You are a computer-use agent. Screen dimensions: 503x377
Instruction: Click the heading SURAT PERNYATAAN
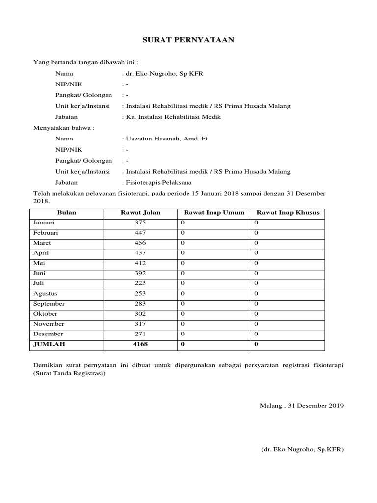point(188,40)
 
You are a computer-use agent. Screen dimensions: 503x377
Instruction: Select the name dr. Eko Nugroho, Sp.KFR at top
point(163,74)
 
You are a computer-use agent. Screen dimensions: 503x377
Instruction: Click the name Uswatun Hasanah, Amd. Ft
point(166,139)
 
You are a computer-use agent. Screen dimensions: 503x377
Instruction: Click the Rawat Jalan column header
point(140,213)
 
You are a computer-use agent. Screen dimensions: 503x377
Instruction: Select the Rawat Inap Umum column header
point(214,213)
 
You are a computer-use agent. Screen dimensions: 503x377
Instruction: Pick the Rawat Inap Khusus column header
point(288,213)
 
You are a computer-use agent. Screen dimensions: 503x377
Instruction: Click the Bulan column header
point(67,213)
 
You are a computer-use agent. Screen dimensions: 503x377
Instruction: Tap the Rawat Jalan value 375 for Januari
point(140,223)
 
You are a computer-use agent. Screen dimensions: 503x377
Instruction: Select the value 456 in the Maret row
point(140,243)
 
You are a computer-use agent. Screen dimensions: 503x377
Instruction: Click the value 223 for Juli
point(140,283)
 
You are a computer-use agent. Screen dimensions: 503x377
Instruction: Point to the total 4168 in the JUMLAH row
point(140,344)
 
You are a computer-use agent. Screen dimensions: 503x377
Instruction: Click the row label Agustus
point(45,294)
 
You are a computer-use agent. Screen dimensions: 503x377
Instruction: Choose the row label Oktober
point(45,314)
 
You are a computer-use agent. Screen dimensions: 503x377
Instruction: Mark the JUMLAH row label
point(49,344)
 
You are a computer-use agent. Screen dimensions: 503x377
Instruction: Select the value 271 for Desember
point(140,334)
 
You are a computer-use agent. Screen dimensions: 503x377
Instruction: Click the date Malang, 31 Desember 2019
point(301,406)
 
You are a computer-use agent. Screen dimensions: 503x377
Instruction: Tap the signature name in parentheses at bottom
point(302,449)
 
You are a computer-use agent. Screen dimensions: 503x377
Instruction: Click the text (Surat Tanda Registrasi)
point(69,373)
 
